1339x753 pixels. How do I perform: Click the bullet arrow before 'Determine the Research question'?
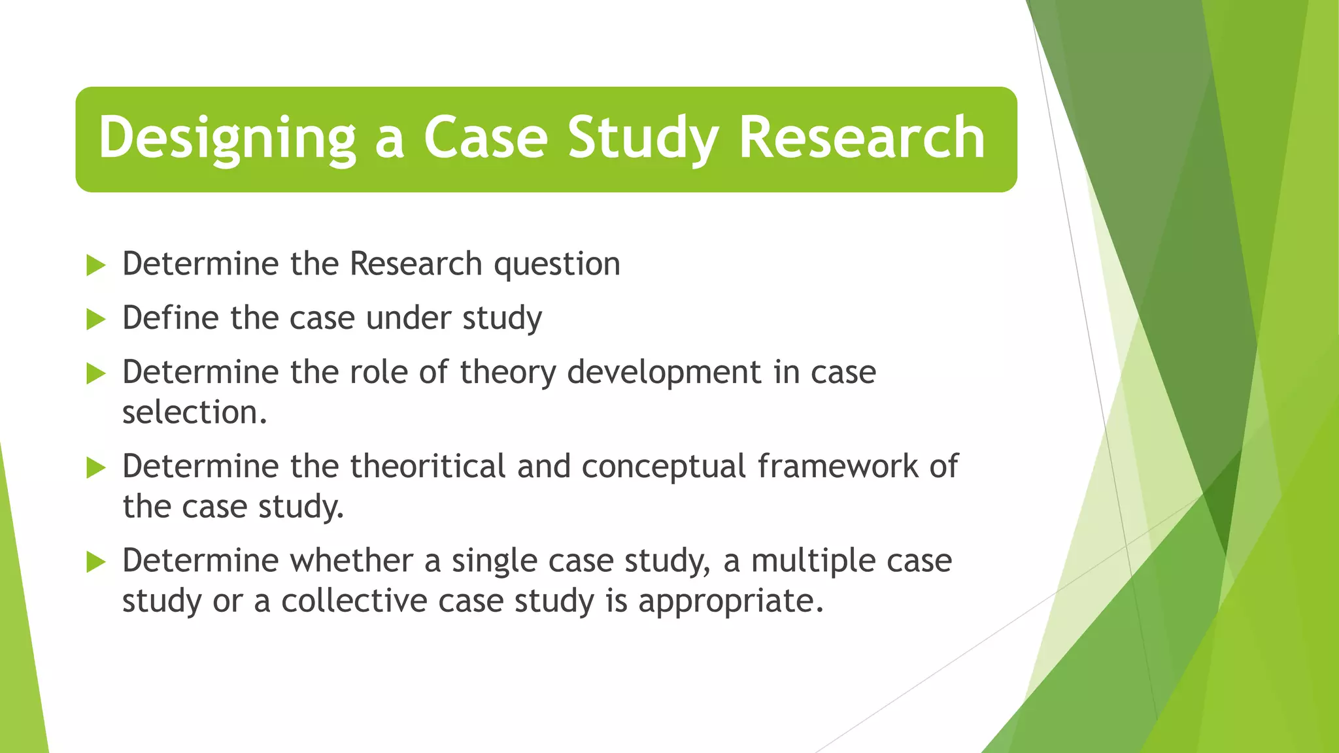point(95,265)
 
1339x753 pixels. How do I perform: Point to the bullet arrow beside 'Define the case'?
point(95,320)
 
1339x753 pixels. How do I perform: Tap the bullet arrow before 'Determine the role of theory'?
point(95,374)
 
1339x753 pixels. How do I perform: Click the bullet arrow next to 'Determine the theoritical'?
point(95,468)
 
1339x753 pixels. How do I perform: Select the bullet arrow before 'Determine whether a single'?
point(95,561)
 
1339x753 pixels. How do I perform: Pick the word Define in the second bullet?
point(170,318)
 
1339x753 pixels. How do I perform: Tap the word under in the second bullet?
point(408,318)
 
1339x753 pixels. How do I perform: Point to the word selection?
point(194,412)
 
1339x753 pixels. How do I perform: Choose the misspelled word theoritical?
point(428,467)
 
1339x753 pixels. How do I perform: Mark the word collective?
point(354,601)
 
